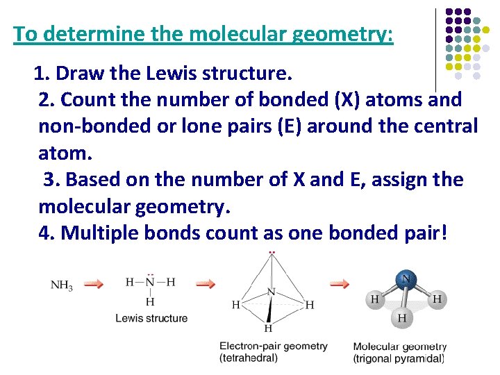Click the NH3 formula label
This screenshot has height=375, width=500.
(x=62, y=285)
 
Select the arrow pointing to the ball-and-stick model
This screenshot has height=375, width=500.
(x=340, y=283)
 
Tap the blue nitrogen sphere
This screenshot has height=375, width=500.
(x=406, y=281)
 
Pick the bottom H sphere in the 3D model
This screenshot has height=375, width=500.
(x=402, y=319)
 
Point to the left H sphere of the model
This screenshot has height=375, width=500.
(x=375, y=300)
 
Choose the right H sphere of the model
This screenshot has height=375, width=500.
(x=436, y=300)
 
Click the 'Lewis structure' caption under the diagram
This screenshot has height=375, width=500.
(x=151, y=318)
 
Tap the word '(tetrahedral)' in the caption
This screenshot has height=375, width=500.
(x=249, y=358)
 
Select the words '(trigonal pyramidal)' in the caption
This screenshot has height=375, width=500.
(x=399, y=358)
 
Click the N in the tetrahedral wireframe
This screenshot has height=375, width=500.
(x=271, y=292)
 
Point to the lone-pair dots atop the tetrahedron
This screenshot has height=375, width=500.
(x=272, y=251)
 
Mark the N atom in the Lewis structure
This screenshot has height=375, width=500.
(x=150, y=282)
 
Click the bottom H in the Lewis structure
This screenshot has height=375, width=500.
(x=150, y=301)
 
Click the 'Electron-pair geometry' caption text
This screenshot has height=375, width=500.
(x=274, y=346)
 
